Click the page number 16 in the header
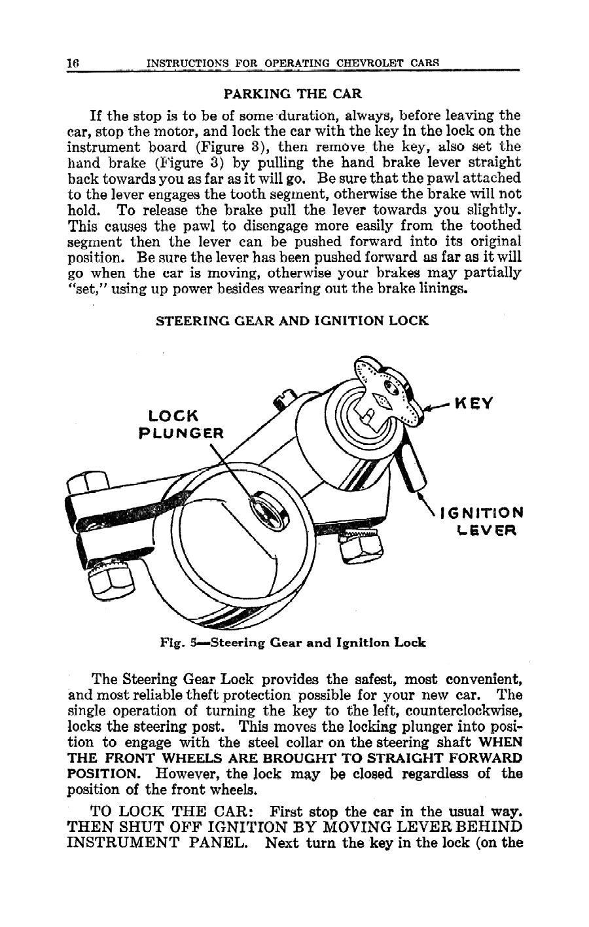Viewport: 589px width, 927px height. [x=72, y=64]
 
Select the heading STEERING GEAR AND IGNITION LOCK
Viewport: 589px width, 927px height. [x=291, y=320]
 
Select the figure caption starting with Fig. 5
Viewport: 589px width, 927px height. [x=293, y=642]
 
